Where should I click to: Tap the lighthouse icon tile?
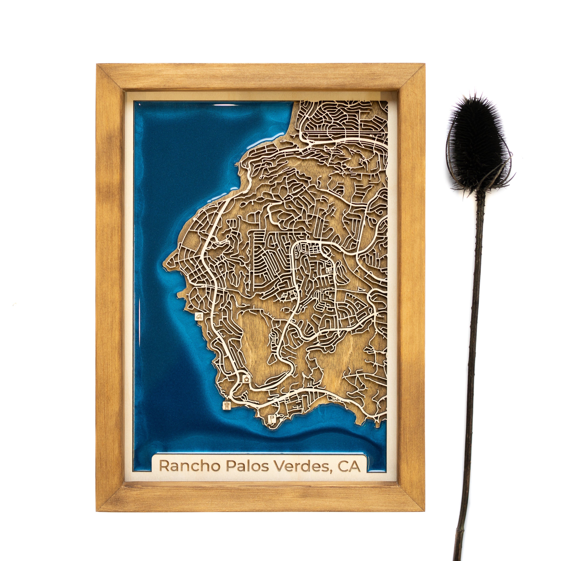[x=227, y=405]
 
